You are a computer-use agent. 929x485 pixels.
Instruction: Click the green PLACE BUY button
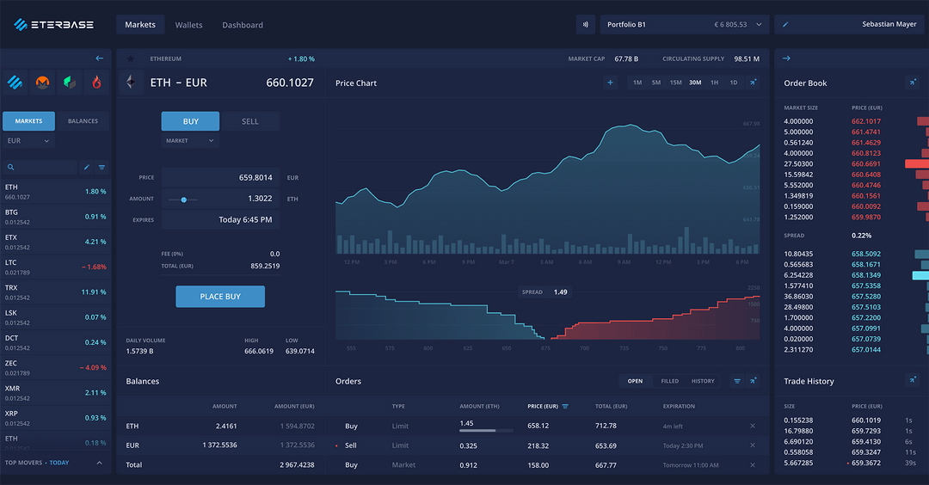tap(220, 297)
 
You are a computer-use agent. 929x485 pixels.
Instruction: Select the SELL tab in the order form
tap(249, 121)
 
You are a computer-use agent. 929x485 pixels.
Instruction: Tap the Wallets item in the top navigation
tap(188, 25)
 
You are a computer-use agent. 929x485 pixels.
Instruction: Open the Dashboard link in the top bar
tap(243, 25)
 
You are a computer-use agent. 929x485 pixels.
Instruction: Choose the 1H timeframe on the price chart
tap(714, 83)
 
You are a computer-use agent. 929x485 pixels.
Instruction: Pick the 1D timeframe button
tap(733, 83)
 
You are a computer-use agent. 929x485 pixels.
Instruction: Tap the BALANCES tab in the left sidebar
tap(83, 121)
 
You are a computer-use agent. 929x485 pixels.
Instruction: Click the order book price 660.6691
tap(866, 163)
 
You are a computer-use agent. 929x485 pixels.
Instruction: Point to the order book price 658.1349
tap(866, 275)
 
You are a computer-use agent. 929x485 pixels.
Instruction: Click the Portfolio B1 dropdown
tap(684, 25)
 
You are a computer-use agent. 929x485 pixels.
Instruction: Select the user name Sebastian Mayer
tap(889, 25)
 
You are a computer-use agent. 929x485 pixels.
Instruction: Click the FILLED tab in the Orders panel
tap(669, 381)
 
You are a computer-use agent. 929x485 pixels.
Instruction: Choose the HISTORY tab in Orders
tap(703, 381)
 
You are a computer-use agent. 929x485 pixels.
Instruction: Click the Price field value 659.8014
tap(255, 178)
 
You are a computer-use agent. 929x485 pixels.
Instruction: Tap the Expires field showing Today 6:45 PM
tap(245, 220)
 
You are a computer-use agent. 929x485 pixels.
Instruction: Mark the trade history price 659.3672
tap(866, 463)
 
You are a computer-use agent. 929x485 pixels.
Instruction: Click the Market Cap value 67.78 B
tap(625, 59)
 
